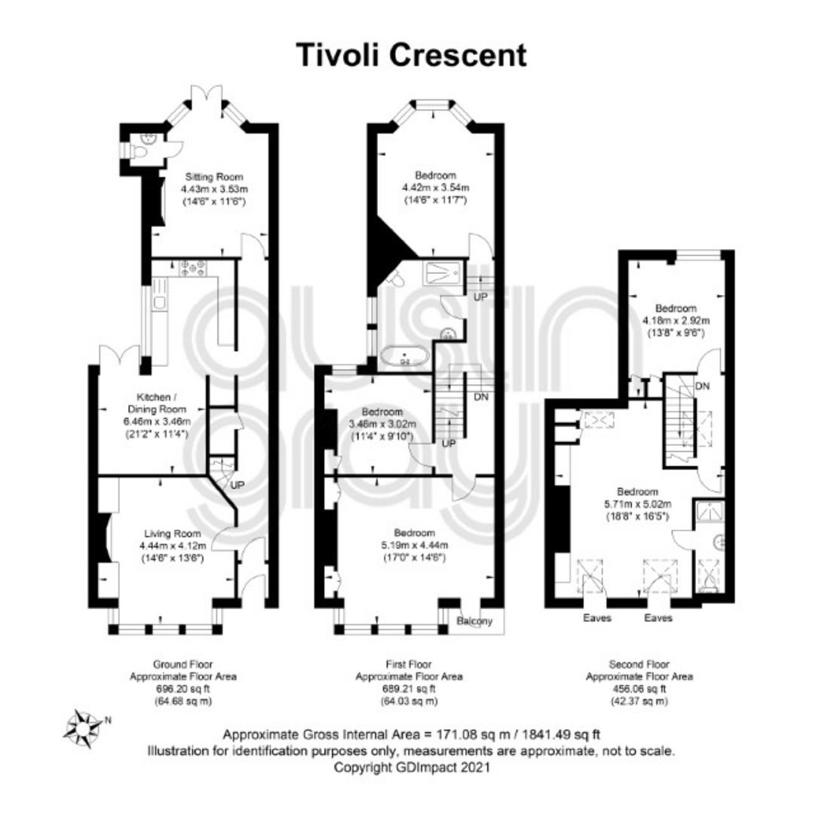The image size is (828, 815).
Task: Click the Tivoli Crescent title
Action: (411, 55)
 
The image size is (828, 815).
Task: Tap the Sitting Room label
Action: (214, 177)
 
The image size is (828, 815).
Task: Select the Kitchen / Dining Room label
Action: (157, 403)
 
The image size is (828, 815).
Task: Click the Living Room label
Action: (173, 534)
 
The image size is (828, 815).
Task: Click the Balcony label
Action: (475, 621)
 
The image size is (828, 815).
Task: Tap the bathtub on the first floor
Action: (404, 356)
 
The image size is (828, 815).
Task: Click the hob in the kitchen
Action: (193, 268)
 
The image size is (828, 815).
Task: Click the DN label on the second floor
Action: (702, 386)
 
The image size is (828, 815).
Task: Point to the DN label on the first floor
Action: (481, 396)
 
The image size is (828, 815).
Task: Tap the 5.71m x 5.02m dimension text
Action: (637, 504)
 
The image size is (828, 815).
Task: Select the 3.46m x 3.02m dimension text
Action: (382, 424)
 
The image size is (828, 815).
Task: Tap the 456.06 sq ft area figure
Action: (639, 689)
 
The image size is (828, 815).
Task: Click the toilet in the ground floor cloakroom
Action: (140, 152)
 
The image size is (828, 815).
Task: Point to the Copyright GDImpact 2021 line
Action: (411, 767)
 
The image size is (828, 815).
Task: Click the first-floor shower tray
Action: (443, 271)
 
